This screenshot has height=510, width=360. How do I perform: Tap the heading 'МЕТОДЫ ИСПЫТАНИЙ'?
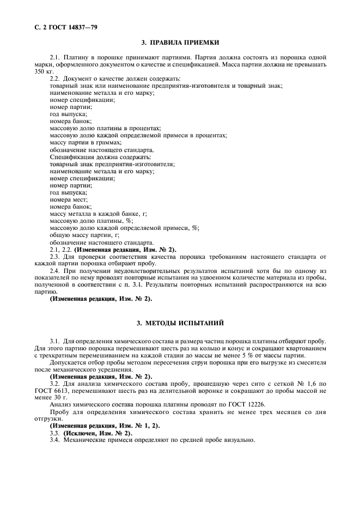[x=187, y=324]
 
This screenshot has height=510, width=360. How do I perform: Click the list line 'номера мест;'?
[x=68, y=199]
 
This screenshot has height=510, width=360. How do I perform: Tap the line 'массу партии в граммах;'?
[x=86, y=142]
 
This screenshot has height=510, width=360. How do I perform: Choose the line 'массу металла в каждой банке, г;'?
[x=99, y=214]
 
